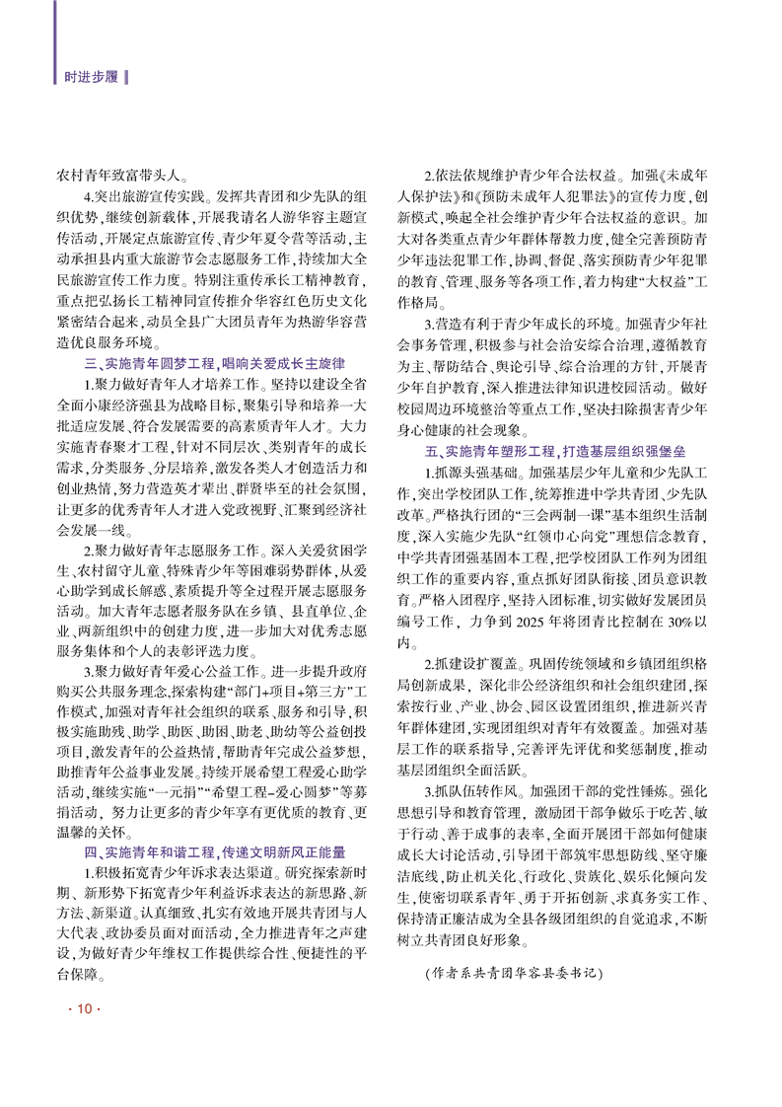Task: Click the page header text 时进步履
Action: pyautogui.click(x=87, y=77)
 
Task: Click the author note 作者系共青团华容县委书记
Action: pyautogui.click(x=512, y=972)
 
